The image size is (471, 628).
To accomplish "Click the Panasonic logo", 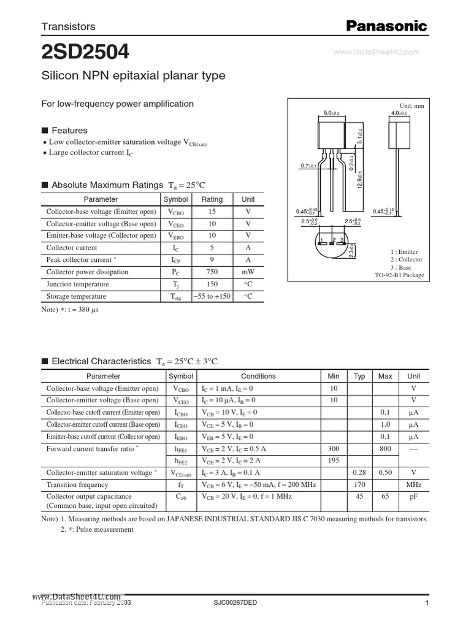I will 386,26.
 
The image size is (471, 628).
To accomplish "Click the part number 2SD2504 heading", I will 85,53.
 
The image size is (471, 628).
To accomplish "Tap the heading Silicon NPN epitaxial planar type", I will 133,76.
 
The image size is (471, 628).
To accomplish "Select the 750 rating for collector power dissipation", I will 212,272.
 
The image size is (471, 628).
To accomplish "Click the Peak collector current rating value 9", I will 212,260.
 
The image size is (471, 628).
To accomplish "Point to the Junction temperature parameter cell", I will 78,285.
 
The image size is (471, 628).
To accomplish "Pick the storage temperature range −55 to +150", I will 212,297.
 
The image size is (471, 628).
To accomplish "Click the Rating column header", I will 212,199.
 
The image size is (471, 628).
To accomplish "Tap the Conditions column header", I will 258,377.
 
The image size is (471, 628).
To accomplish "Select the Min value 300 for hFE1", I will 334,449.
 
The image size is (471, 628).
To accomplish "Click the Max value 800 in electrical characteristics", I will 385,449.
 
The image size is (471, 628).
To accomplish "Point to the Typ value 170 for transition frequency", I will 359,484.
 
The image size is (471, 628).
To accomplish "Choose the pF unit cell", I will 414,497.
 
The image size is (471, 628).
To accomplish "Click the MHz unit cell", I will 414,484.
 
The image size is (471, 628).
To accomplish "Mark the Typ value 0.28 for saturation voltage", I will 359,473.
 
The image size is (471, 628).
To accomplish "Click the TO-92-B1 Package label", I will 399,276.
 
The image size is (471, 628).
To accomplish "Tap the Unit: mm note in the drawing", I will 412,106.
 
